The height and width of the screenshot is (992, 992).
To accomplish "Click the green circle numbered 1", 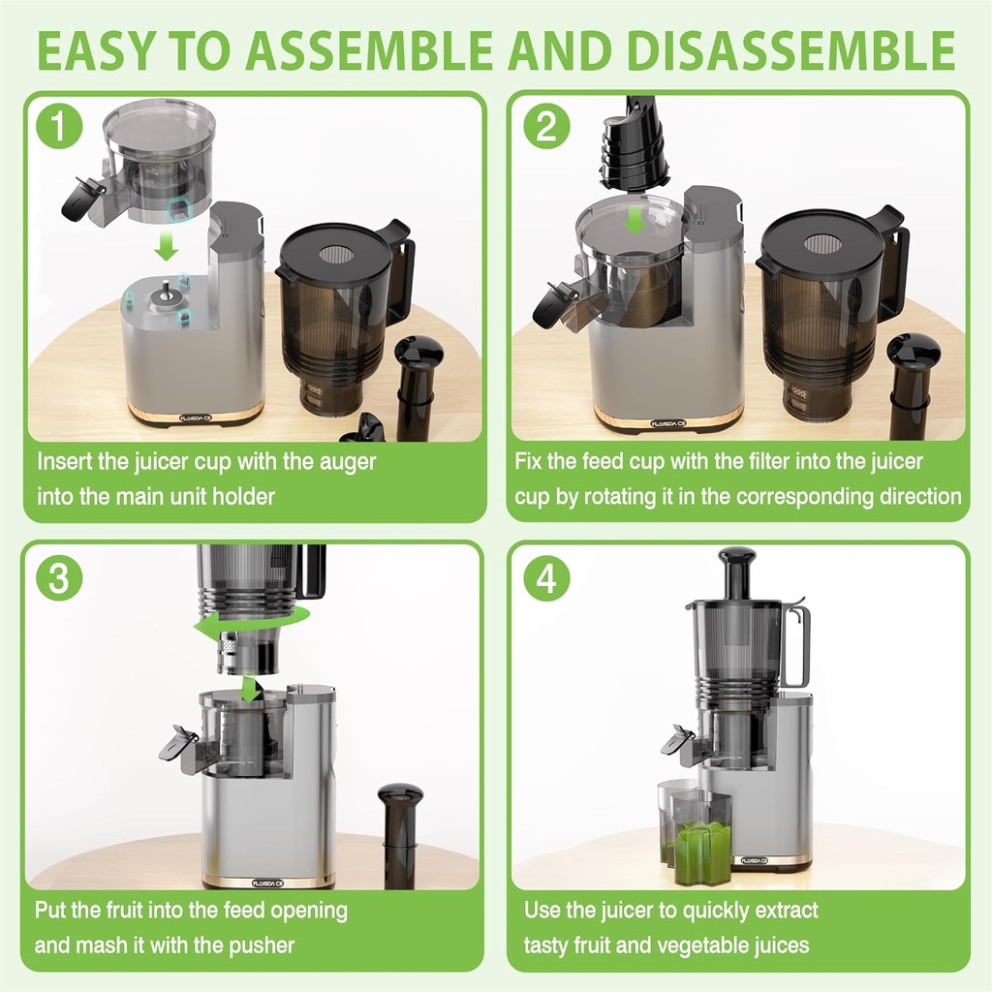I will point(59,129).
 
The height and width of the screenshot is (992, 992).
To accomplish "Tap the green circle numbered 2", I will point(546,129).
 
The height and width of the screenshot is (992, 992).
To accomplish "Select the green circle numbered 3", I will point(59,578).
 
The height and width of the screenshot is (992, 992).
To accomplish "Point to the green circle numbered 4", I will point(546,578).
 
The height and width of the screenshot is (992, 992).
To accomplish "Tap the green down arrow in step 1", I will point(168,247).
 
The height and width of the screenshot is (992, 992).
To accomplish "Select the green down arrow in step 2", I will point(635,220).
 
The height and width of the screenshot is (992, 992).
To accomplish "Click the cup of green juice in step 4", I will point(702,852).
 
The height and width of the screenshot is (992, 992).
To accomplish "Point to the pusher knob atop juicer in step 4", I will point(737,558).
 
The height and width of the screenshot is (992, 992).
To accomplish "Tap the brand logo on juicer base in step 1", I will point(200,419).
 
